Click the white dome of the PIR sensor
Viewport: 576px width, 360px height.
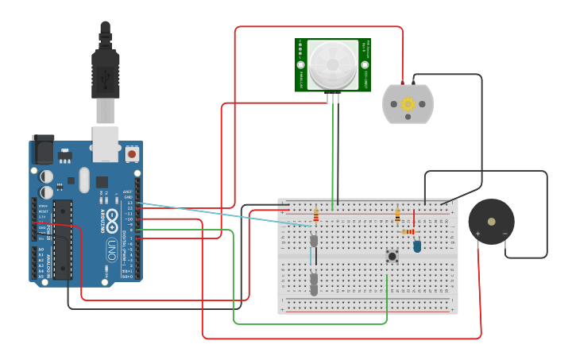click(x=333, y=64)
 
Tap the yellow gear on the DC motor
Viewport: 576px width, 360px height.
click(x=408, y=104)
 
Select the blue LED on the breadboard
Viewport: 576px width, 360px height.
click(x=417, y=246)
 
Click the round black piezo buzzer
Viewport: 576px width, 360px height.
click(x=491, y=222)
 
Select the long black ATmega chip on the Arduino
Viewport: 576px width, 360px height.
click(x=62, y=239)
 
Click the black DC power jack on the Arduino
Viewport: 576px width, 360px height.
click(x=43, y=150)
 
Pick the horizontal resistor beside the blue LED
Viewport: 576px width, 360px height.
click(x=408, y=231)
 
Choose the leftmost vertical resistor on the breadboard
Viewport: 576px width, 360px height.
click(x=316, y=215)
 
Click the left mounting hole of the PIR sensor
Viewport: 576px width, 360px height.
click(x=301, y=65)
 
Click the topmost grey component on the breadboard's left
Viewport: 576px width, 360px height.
click(x=314, y=240)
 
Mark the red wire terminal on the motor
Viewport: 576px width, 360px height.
click(x=403, y=83)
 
